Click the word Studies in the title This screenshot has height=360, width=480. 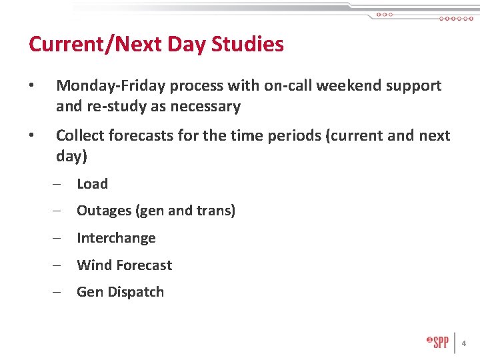click(x=247, y=45)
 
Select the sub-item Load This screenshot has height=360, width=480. click(x=92, y=184)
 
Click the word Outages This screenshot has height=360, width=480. click(x=104, y=211)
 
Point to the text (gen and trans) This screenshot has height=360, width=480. click(x=185, y=211)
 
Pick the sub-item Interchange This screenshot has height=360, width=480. click(x=116, y=238)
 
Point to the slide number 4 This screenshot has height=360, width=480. click(x=464, y=343)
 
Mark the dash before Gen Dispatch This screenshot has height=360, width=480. click(x=59, y=292)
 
